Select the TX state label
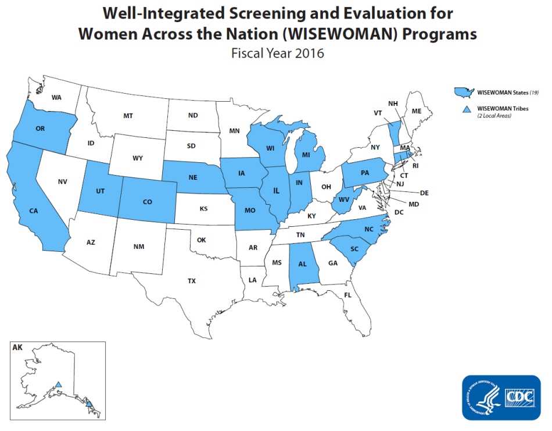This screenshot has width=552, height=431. [192, 281]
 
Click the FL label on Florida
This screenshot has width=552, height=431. [347, 295]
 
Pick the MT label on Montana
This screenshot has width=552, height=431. [128, 116]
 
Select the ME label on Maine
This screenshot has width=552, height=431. [416, 111]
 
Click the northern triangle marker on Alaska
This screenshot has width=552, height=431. [58, 384]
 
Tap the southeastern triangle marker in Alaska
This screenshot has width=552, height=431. [89, 402]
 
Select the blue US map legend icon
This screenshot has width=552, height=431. [464, 92]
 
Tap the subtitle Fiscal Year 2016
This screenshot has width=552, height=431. [277, 53]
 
